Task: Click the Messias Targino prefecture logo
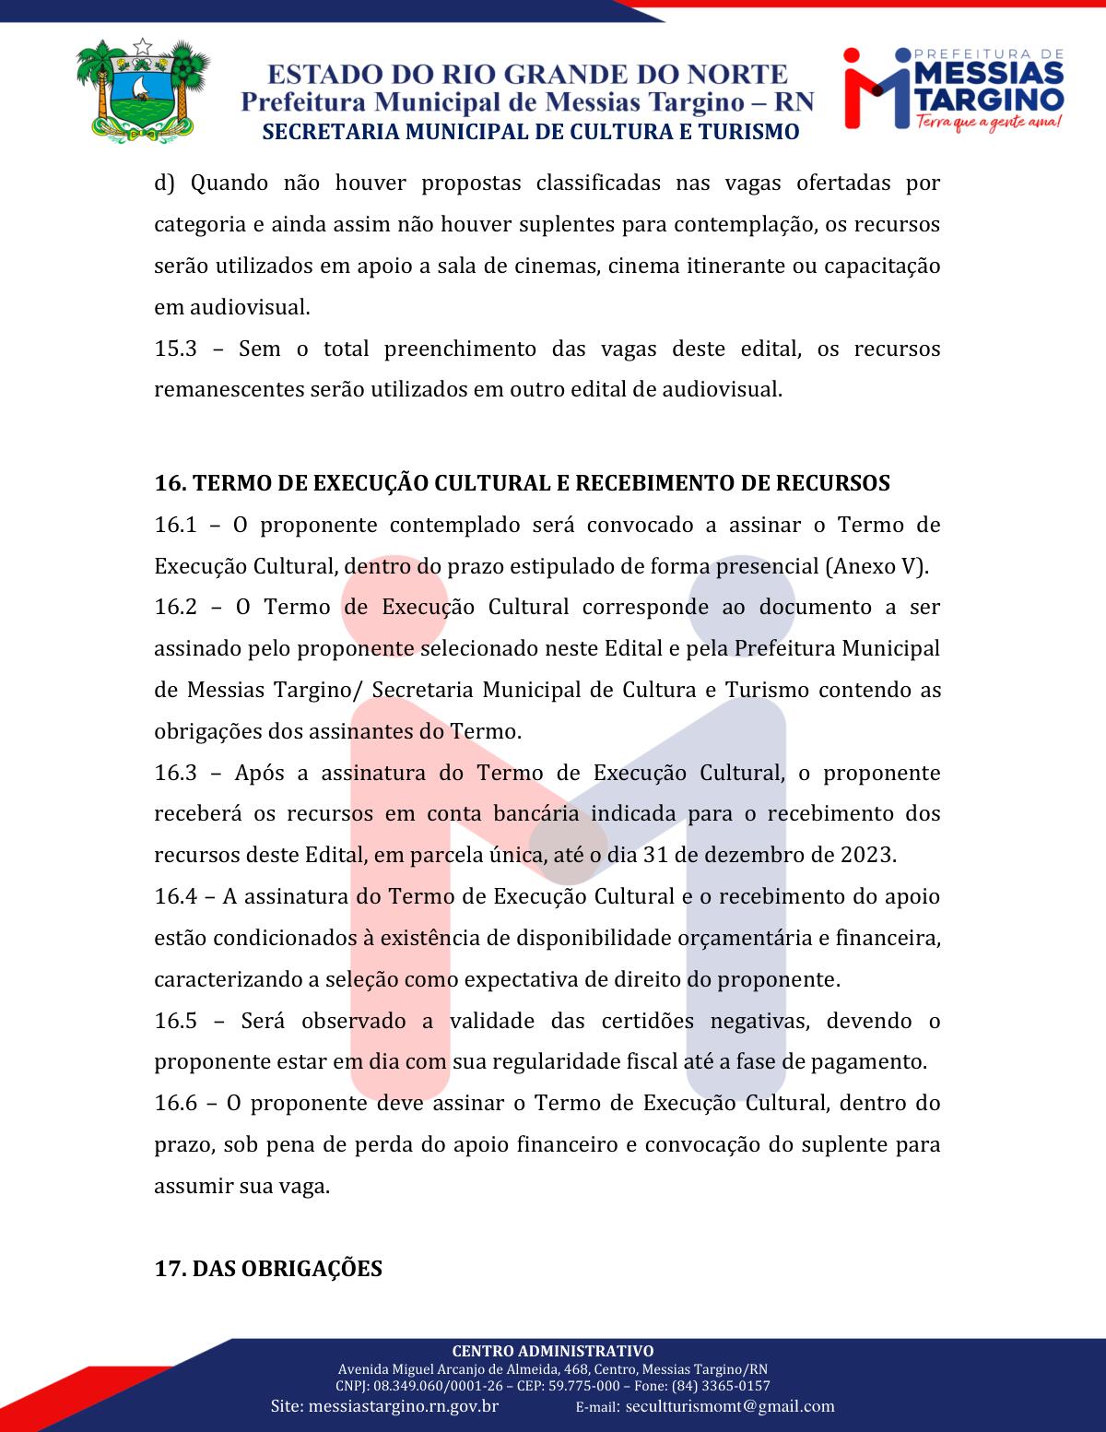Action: tap(954, 89)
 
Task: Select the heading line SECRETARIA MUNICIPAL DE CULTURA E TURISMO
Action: tap(530, 132)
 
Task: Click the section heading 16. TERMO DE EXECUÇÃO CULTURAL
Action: tap(522, 483)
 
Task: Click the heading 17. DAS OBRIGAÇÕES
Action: tap(268, 1269)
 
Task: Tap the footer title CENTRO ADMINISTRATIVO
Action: tap(553, 1352)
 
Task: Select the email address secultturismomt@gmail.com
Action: tap(730, 1407)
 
